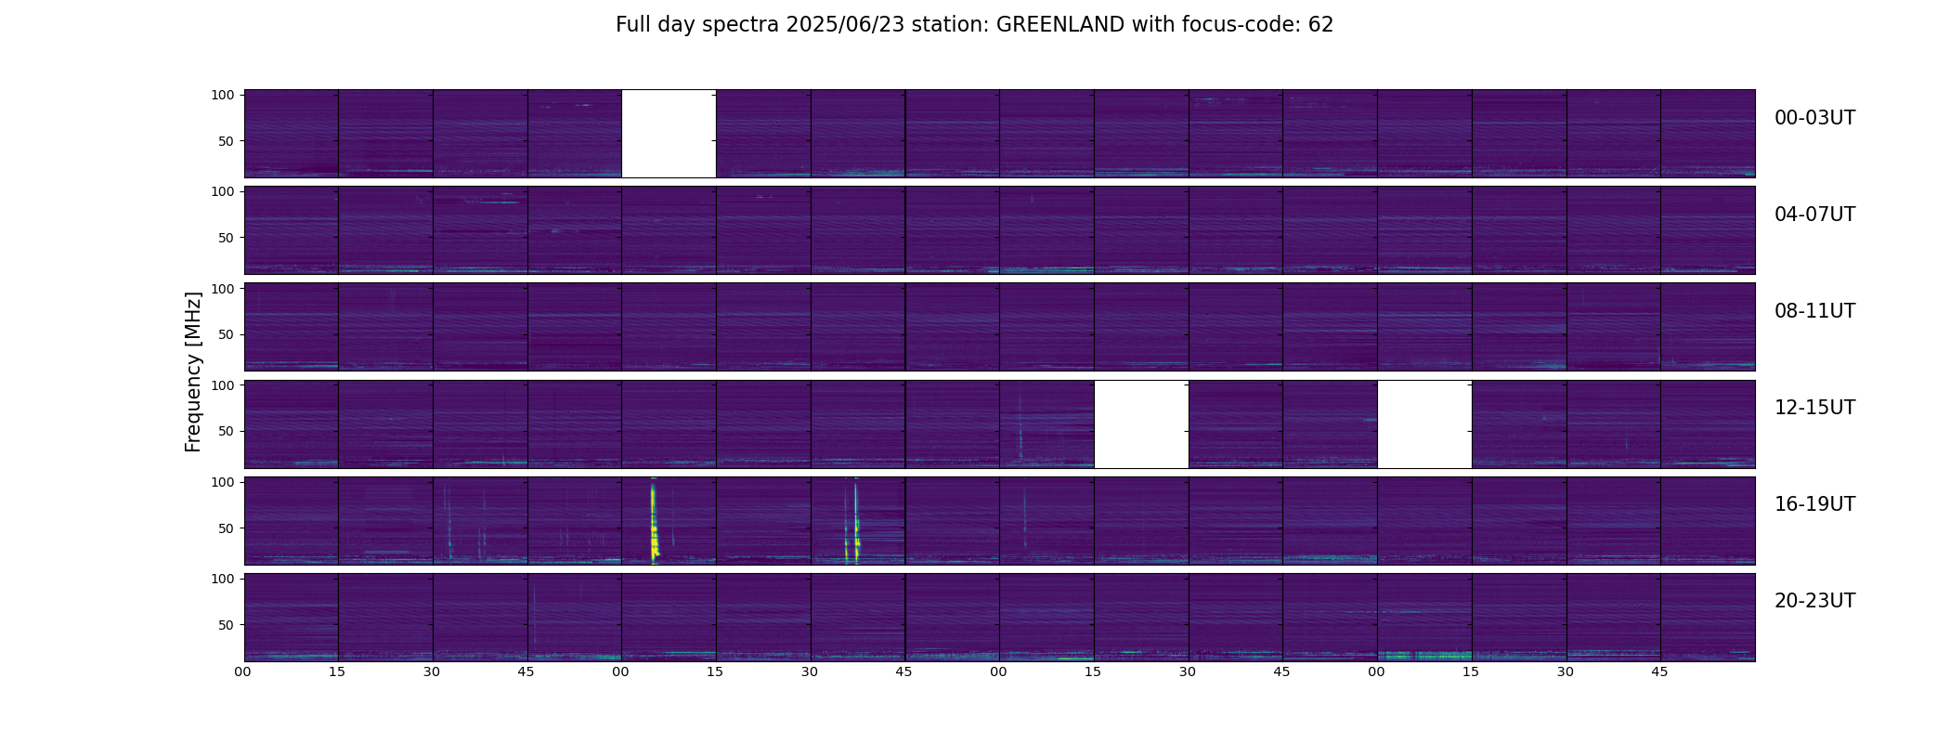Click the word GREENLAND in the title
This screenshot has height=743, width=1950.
1060,25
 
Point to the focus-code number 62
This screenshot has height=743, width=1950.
1321,25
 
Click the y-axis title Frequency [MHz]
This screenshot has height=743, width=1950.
193,371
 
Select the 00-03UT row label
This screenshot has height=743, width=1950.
1814,118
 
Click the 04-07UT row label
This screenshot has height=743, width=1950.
1814,215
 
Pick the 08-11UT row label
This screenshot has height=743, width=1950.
1814,311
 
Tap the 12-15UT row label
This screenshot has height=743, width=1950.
1814,408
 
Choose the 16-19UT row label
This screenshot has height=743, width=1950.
1814,504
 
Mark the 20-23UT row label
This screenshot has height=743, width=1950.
1814,601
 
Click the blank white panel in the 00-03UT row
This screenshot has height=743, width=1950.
669,133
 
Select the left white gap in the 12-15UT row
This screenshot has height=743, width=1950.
1141,424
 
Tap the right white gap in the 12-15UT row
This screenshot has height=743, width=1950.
1424,424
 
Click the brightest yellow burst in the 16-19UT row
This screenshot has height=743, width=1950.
654,520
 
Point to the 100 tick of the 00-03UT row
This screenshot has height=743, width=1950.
223,95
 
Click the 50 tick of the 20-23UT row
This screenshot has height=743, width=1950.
226,625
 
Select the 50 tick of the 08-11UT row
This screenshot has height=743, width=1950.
226,334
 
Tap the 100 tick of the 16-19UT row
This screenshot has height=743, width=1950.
223,482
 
